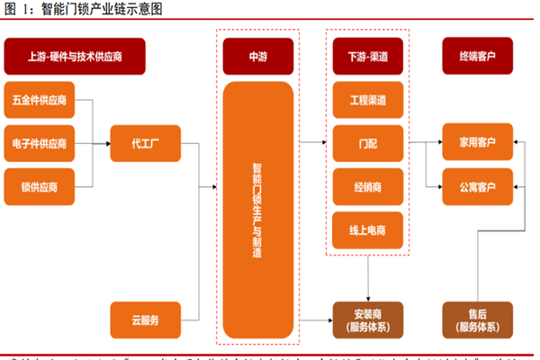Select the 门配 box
point(368,142)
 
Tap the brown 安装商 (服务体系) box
point(368,319)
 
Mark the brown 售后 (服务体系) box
point(477,319)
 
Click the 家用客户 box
point(477,142)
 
